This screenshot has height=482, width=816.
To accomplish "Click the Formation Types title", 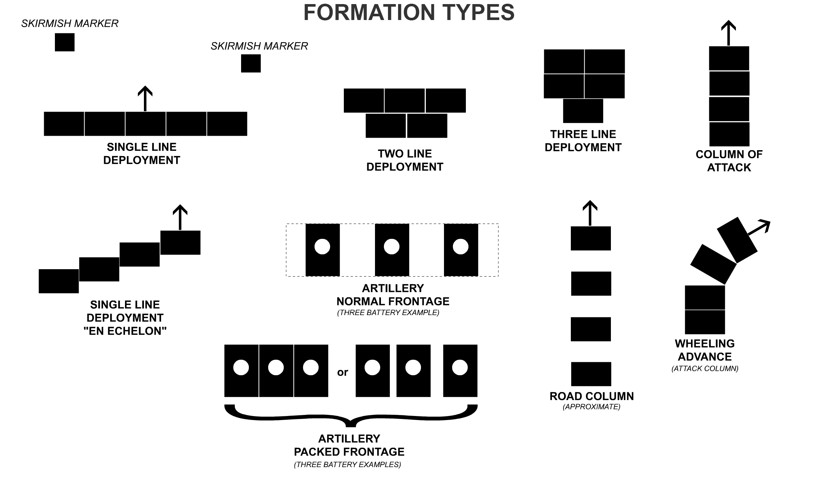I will (x=409, y=12).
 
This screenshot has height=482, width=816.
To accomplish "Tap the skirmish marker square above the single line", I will (x=65, y=42).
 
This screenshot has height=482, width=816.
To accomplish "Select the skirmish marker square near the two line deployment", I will (x=251, y=63).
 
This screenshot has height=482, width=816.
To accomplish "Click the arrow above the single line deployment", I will (x=145, y=98).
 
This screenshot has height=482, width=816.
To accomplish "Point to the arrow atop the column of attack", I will (x=728, y=33).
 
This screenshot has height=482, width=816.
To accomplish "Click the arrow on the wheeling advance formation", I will (x=759, y=228).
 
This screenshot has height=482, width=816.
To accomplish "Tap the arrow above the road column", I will (x=590, y=213).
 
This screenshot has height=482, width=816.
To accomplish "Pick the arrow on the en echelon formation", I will (x=180, y=217).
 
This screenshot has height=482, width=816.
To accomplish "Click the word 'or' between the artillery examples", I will (x=342, y=372).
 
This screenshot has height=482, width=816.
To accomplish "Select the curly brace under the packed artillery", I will (x=351, y=415).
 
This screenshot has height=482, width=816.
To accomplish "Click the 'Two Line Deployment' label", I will (x=405, y=160).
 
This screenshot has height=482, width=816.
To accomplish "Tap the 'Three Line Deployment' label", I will (x=583, y=141).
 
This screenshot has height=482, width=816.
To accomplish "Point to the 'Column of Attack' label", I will (x=729, y=161).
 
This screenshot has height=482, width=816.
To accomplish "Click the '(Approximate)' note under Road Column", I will (x=591, y=407).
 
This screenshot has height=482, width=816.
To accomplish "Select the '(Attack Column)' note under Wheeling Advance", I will (x=705, y=369).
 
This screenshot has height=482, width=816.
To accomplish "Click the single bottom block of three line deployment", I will (x=583, y=111).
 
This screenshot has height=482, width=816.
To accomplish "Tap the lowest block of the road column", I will (x=591, y=374).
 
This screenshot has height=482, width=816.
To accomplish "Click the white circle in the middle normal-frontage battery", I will (x=391, y=247).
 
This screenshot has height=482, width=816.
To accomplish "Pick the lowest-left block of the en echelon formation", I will (x=59, y=281).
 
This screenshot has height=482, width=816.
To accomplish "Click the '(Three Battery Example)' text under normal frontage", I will (x=388, y=313).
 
